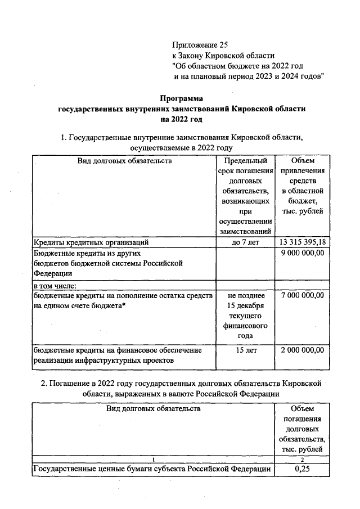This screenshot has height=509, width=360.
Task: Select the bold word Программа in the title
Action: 181,98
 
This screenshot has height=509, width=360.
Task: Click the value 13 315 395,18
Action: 303,242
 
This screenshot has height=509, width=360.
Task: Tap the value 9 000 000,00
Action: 303,254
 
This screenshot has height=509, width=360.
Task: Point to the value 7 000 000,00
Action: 303,295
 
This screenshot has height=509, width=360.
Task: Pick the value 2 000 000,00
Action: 303,350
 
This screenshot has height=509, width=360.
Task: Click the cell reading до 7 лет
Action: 244,242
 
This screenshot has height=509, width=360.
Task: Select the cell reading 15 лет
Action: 244,350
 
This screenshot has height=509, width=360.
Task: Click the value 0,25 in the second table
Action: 303,469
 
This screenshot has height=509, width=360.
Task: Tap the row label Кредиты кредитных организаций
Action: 91,243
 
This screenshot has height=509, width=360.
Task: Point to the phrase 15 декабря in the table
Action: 244,306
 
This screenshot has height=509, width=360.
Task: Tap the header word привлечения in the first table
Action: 303,171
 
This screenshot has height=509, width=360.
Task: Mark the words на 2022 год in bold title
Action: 181,119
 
